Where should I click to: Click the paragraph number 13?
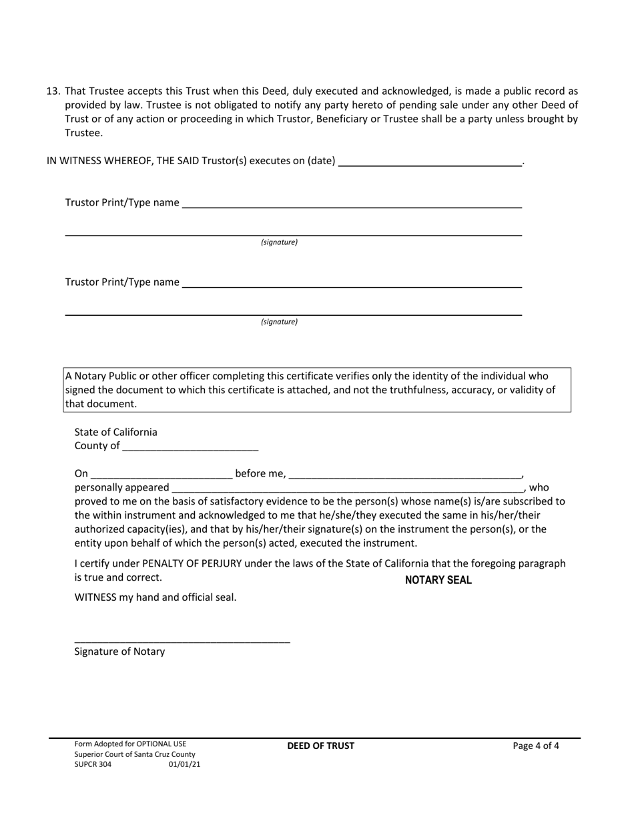pyautogui.click(x=53, y=91)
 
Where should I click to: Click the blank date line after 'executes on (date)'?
pyautogui.click(x=430, y=161)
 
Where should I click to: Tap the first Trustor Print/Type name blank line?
pyautogui.click(x=351, y=203)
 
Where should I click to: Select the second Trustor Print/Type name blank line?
pyautogui.click(x=351, y=282)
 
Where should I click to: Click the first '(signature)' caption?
pyautogui.click(x=279, y=242)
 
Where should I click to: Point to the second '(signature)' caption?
pyautogui.click(x=279, y=322)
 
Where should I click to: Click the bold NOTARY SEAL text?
pyautogui.click(x=438, y=580)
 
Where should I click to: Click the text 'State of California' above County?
pyautogui.click(x=115, y=432)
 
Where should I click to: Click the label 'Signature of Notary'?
pyautogui.click(x=119, y=651)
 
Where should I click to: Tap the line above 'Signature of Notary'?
pyautogui.click(x=182, y=641)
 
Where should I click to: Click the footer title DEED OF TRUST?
pyautogui.click(x=321, y=746)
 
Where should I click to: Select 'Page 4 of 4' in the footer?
pyautogui.click(x=536, y=746)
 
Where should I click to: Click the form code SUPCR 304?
pyautogui.click(x=93, y=765)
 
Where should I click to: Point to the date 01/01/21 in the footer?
pyautogui.click(x=184, y=765)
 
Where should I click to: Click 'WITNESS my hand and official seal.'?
pyautogui.click(x=155, y=597)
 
